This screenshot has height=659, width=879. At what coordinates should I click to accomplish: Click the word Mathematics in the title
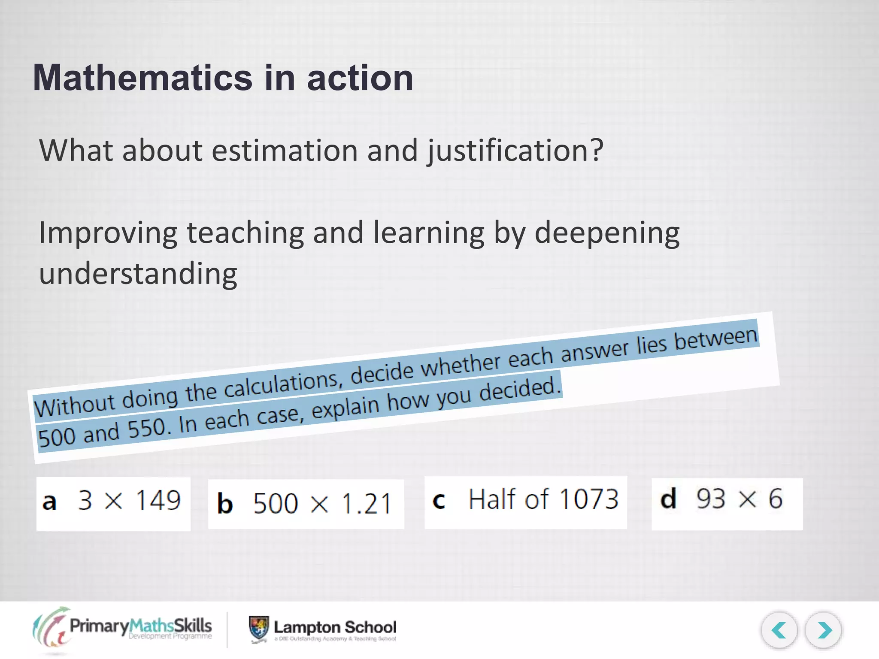tap(142, 78)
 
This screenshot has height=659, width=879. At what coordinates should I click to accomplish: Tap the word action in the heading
tap(360, 78)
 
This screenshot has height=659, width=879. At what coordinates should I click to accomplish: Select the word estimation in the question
tap(285, 151)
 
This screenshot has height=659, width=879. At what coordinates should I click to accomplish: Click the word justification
tap(515, 151)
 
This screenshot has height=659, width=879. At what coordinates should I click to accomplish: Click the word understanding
tap(138, 274)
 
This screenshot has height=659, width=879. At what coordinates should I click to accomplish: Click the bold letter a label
tap(49, 502)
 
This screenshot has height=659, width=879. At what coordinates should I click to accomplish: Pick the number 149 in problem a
tap(158, 500)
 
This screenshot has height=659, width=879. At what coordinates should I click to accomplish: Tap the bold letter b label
tap(225, 504)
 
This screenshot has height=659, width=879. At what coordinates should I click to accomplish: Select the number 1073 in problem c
tap(589, 499)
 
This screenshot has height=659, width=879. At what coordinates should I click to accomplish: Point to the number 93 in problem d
tap(710, 499)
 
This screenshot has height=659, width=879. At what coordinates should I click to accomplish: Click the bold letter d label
tap(668, 499)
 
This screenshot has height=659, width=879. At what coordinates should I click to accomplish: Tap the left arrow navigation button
tap(779, 630)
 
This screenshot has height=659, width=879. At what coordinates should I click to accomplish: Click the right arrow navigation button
tap(823, 630)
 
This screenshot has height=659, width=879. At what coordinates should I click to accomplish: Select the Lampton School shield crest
tap(259, 629)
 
